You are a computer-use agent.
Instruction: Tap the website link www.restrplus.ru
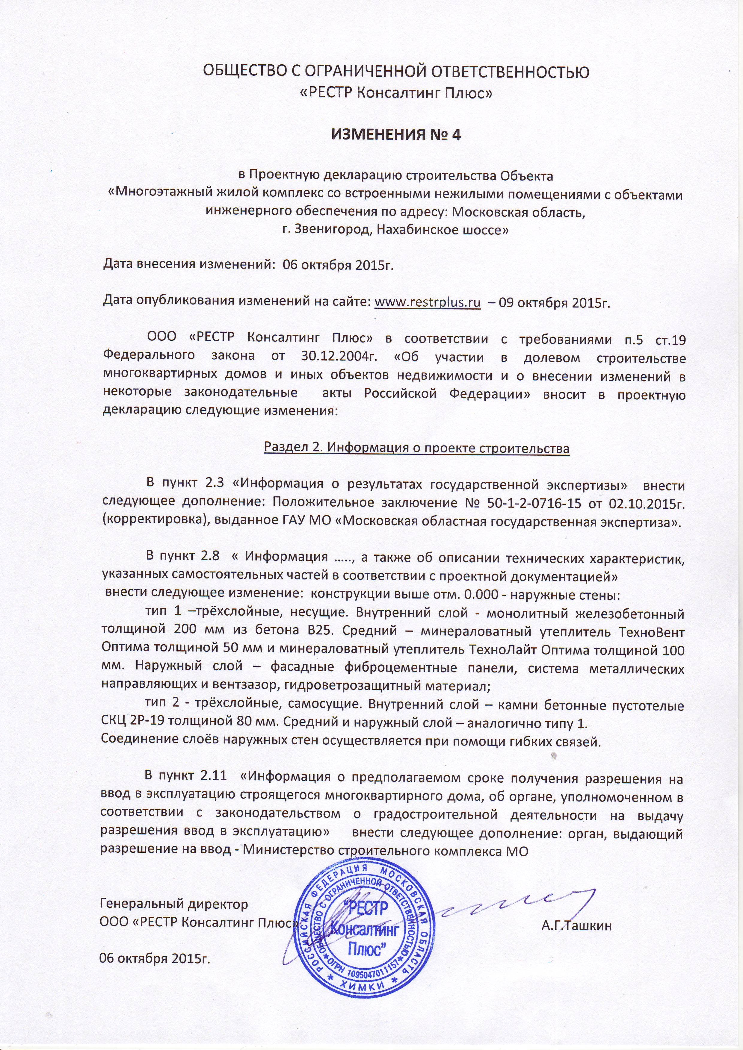(427, 302)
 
